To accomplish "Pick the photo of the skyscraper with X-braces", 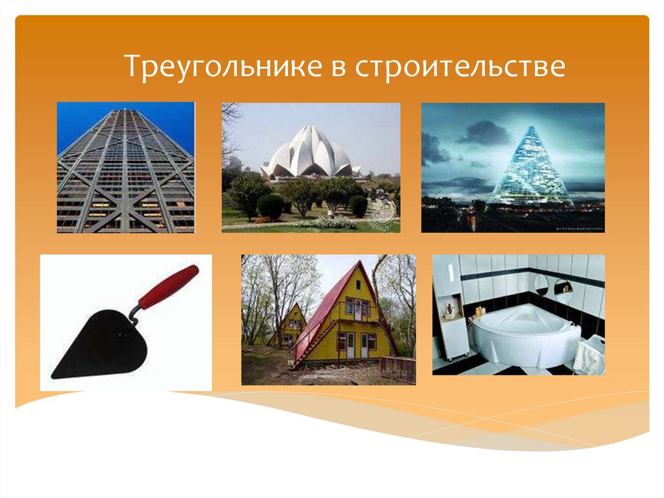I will click(x=126, y=167).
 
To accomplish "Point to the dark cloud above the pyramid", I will click(x=483, y=132).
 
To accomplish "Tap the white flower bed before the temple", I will click(x=327, y=223).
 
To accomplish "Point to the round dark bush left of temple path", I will click(x=270, y=207).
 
